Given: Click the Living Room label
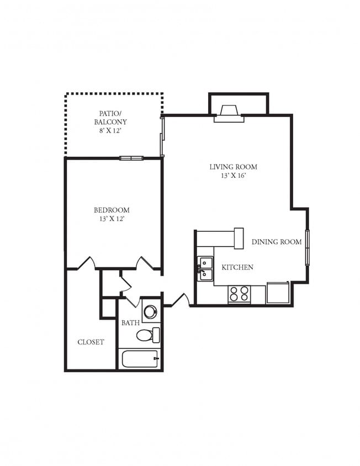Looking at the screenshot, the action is coord(233,167).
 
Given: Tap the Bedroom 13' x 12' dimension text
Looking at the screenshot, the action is coord(112,219).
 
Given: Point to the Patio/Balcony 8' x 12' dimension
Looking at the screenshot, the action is coord(110,130).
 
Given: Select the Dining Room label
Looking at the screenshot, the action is coord(277,242).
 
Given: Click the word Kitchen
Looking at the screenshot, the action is coord(237,267).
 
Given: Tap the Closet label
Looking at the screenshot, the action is coord(91,342).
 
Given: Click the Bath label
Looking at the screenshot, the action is coord(130,323).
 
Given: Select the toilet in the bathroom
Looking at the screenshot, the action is coord(148,335).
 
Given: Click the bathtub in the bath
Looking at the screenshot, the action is coord(140,359).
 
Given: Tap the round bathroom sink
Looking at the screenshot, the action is coord(150,311).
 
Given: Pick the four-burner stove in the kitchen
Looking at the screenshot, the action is coord(239,294).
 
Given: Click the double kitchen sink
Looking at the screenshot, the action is coord(205,269).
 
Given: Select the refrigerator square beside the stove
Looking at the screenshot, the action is coord(278,293).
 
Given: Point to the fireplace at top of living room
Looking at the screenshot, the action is coord(229,114).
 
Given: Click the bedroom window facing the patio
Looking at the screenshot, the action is coord(131,158).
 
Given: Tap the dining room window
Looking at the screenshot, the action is coord(308,247).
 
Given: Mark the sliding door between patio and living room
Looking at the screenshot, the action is coord(162,136).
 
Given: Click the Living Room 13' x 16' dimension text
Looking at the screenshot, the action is coord(234,176).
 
